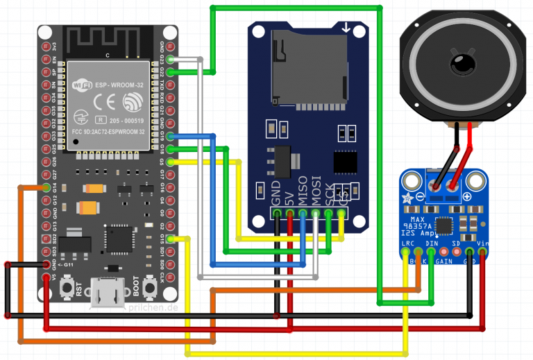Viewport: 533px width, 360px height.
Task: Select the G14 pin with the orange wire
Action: (x=46, y=187)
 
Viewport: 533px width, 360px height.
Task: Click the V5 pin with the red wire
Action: (x=46, y=277)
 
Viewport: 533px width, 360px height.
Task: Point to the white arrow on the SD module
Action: (x=346, y=28)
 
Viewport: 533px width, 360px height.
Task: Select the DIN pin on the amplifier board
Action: (x=431, y=252)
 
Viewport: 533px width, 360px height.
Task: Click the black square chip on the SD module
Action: (x=345, y=162)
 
